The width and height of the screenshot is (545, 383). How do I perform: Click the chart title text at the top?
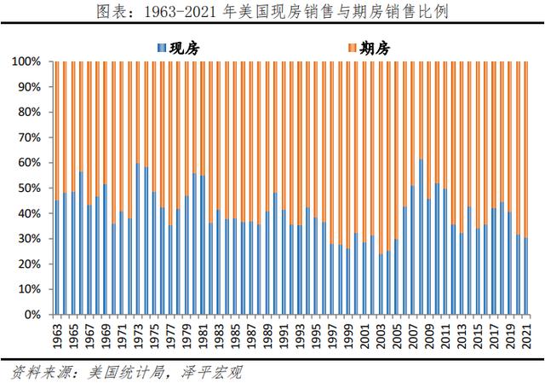click(272, 13)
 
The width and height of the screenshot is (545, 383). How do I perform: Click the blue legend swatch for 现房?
click(163, 48)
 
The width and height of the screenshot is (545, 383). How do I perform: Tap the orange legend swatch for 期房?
click(352, 48)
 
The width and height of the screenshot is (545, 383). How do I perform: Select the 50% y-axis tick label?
click(28, 189)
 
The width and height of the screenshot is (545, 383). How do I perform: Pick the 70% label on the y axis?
click(28, 138)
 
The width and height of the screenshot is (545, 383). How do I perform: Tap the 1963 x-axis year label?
click(57, 334)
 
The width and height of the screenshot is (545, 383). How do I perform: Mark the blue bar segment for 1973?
click(138, 239)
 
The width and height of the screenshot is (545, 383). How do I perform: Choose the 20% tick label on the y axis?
click(28, 264)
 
